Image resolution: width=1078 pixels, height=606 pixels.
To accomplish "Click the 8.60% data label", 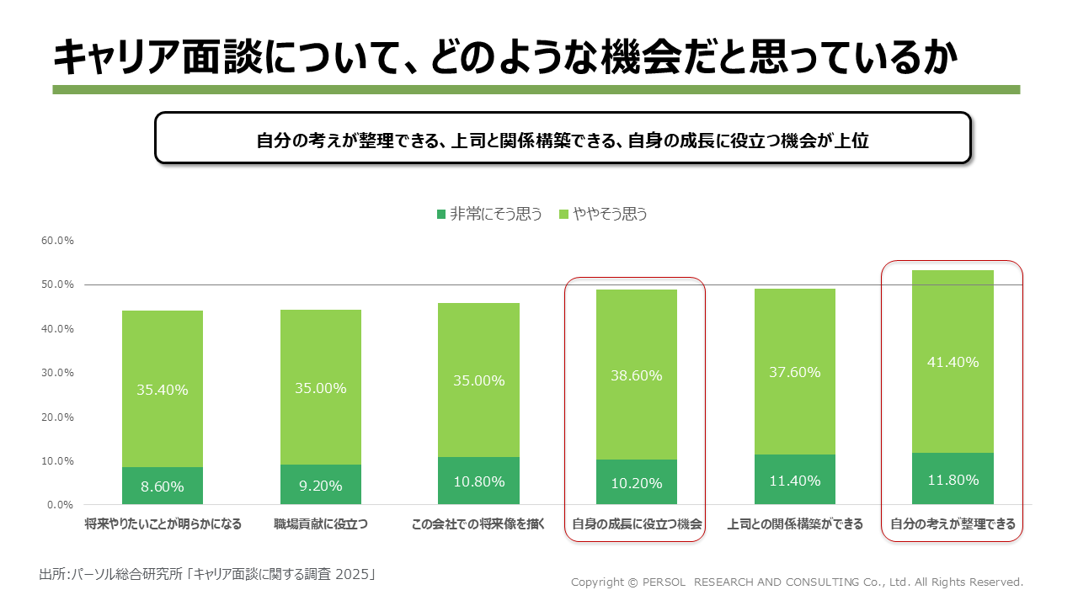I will (x=163, y=486).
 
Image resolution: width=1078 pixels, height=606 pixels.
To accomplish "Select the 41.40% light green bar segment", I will (x=953, y=337).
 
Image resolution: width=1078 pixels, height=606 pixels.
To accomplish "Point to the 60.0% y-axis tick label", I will (x=57, y=241).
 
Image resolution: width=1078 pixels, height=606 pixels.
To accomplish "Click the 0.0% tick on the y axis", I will (x=60, y=505).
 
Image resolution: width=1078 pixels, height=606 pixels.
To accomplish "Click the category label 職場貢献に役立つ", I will (x=321, y=524).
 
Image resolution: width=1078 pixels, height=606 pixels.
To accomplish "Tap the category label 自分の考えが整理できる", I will (x=953, y=524).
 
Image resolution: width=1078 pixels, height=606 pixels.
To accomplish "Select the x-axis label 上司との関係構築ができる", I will (x=795, y=524).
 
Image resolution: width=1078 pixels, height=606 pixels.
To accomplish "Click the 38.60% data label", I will (x=637, y=375).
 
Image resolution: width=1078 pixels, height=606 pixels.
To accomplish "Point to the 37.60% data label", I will (x=795, y=372).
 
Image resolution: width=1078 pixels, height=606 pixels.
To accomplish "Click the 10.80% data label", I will (x=478, y=482).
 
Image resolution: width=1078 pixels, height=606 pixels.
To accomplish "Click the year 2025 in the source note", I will (x=353, y=575).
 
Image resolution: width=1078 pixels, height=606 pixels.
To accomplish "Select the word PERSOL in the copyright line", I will (x=668, y=582).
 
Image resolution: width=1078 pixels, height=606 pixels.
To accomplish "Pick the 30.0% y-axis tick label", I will (x=57, y=373).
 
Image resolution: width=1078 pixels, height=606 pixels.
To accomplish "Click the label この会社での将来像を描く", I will (x=478, y=524).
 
